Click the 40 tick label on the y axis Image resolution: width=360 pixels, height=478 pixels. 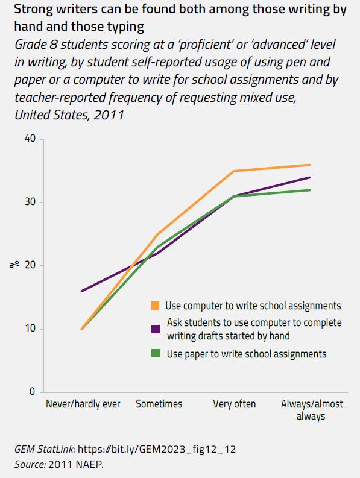[x=30, y=139]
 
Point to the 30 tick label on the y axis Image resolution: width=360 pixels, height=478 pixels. [x=30, y=203]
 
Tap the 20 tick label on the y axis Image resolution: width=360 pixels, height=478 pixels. [x=30, y=266]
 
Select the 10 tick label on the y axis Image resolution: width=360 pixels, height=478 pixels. [x=30, y=329]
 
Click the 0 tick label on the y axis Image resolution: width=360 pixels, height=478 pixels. [x=33, y=392]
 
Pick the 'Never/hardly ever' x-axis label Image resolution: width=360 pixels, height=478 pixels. [x=83, y=404]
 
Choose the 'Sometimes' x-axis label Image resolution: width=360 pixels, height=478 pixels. [x=159, y=404]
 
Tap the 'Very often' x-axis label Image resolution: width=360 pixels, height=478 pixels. [x=235, y=404]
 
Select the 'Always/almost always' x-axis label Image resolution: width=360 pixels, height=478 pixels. [x=311, y=409]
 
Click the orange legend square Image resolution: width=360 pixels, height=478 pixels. [x=156, y=306]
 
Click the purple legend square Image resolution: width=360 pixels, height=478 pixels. [x=156, y=329]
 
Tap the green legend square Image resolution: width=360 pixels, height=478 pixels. [x=156, y=354]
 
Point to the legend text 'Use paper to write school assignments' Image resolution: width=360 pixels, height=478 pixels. [x=246, y=354]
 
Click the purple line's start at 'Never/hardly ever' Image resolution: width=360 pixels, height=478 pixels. [x=82, y=291]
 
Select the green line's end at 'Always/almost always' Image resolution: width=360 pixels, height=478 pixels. [x=310, y=190]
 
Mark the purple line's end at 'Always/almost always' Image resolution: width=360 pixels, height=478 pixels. [x=310, y=177]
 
